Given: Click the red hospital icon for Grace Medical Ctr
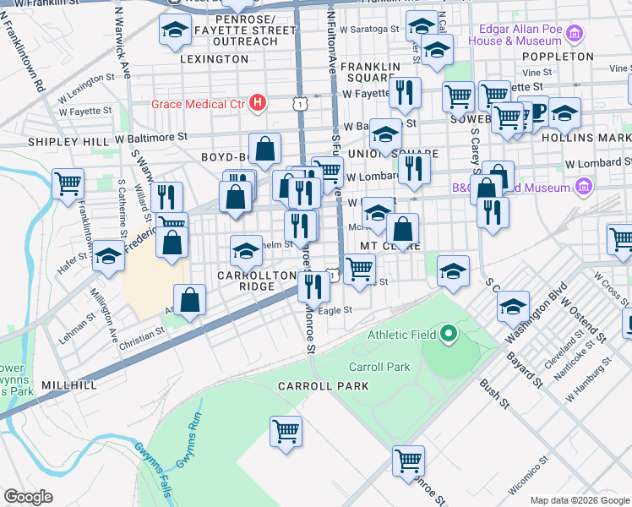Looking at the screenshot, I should (x=259, y=105).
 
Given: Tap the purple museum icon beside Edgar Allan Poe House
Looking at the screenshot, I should (x=575, y=35).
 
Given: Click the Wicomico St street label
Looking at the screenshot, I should (x=530, y=477).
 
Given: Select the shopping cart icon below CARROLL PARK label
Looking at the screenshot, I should (x=286, y=430).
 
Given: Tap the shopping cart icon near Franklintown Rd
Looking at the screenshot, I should (x=68, y=183).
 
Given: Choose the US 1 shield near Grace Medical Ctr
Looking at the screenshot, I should (x=301, y=103).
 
